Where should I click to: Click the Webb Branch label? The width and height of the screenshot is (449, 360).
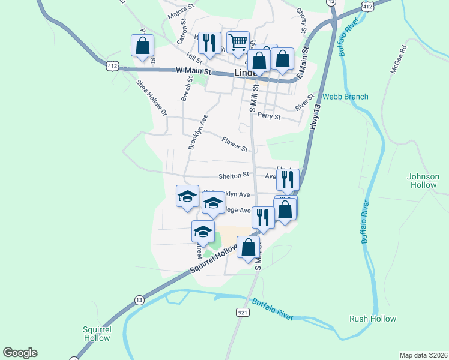coord(345,97)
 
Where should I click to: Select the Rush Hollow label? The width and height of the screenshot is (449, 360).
coord(373,319)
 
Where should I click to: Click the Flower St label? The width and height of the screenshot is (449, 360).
coord(235,144)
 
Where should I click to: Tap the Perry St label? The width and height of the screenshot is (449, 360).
coord(268,116)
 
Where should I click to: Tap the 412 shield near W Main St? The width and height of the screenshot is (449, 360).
coord(112,65)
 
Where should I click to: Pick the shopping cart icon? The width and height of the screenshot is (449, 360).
coord(238,41)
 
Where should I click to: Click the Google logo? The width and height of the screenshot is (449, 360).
coord(20,353)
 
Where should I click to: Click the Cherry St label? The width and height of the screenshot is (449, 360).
coord(302,20)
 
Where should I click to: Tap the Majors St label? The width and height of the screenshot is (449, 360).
coord(182,11)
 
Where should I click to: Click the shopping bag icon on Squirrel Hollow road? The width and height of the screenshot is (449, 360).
coord(249,246)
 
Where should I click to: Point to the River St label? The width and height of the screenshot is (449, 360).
coord(305,102)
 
